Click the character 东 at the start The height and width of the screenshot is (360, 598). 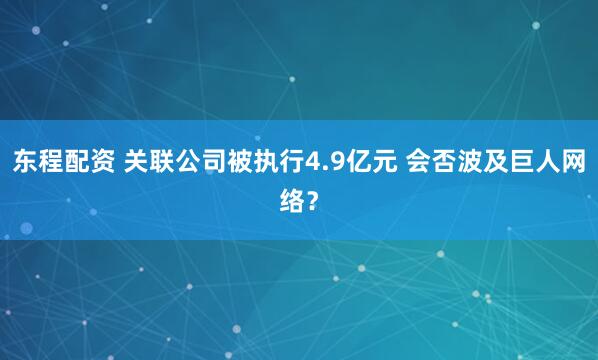pos(24,162)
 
